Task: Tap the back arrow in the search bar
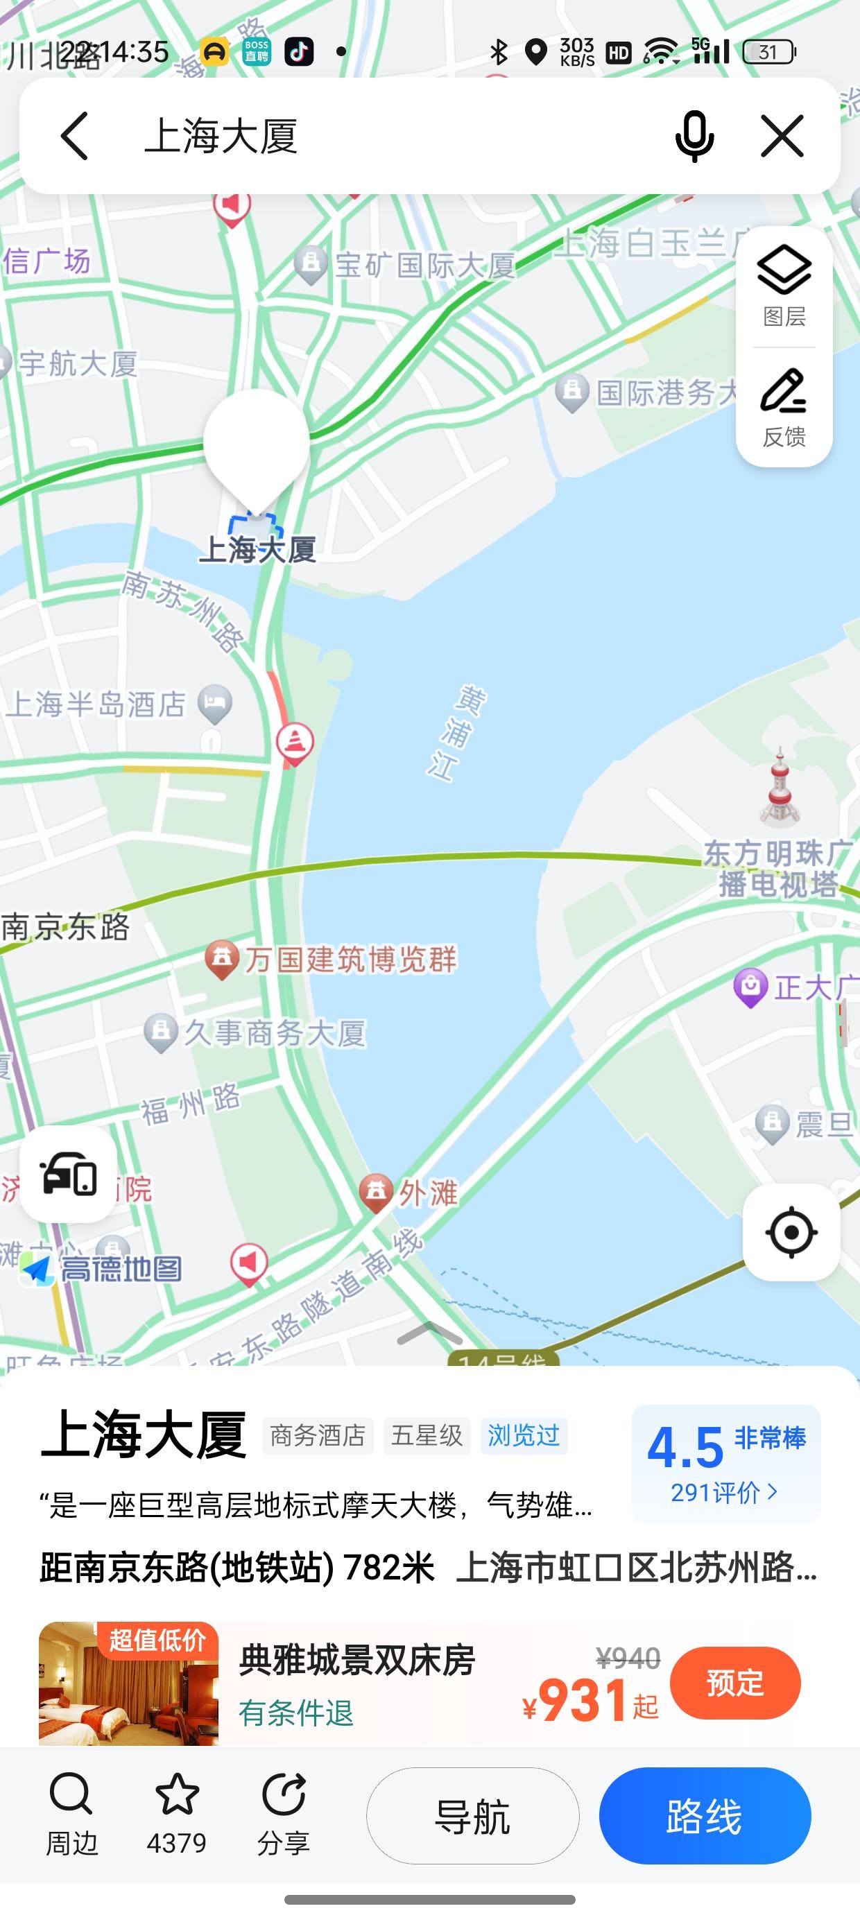pyautogui.click(x=75, y=136)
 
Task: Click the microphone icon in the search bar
pyautogui.click(x=694, y=136)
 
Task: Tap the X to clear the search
pyautogui.click(x=782, y=136)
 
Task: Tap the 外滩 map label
pyautogui.click(x=427, y=1193)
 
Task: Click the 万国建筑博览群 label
pyautogui.click(x=350, y=960)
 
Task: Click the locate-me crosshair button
pyautogui.click(x=791, y=1233)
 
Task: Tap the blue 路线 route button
pyautogui.click(x=705, y=1816)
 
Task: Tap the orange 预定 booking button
pyautogui.click(x=734, y=1683)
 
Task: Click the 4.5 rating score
pyautogui.click(x=685, y=1447)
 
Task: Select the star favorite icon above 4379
pyautogui.click(x=177, y=1795)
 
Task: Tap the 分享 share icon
pyautogui.click(x=284, y=1795)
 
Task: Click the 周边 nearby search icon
pyautogui.click(x=71, y=1795)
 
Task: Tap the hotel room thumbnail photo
pyautogui.click(x=128, y=1683)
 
